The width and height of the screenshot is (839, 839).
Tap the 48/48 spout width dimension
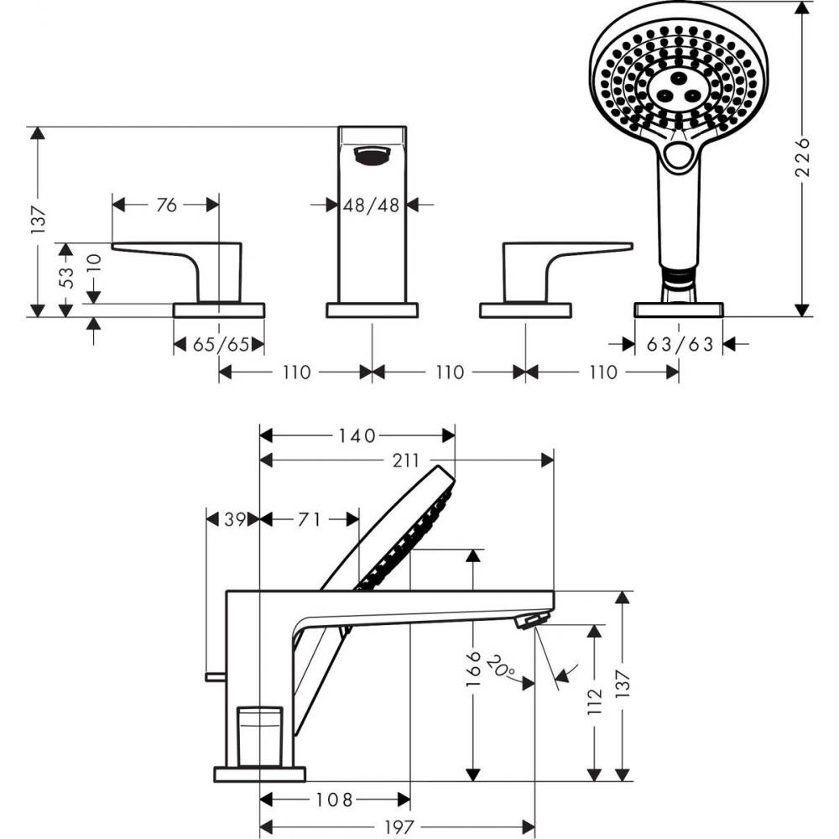pos(372,204)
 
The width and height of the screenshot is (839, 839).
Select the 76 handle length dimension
pos(166,204)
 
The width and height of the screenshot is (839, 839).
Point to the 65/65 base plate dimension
pos(218,344)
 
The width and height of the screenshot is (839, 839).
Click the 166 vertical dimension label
pos(474,669)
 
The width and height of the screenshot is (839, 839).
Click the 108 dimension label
pos(336,800)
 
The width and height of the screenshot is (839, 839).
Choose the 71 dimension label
pos(310,519)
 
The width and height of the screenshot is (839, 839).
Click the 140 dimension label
pos(357,435)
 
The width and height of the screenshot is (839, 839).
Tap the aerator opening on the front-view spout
pos(372,154)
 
